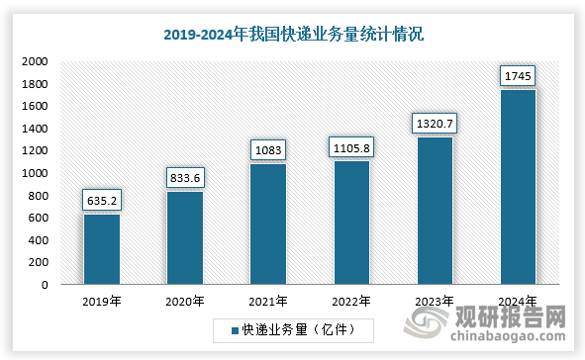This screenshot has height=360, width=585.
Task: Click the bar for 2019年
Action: tap(101, 249)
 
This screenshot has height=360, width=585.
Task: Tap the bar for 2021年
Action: tap(267, 225)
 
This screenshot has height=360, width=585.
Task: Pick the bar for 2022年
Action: tap(351, 223)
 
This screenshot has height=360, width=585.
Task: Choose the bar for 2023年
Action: tap(435, 211)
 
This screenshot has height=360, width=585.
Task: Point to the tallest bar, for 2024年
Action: tap(518, 187)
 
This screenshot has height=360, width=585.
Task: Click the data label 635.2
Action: tap(102, 200)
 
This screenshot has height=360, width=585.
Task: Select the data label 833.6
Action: tap(185, 178)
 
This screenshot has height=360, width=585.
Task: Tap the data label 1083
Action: tap(268, 150)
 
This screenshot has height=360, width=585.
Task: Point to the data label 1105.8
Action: tap(351, 147)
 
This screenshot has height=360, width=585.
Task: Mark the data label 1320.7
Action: tap(435, 124)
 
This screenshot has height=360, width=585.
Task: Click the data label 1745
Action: tap(518, 76)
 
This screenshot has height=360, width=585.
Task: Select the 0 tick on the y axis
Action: tap(44, 285)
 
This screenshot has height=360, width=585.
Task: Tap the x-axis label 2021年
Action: tap(268, 301)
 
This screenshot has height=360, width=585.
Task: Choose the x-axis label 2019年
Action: tap(101, 301)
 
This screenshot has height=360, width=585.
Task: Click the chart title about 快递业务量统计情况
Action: tap(292, 35)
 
